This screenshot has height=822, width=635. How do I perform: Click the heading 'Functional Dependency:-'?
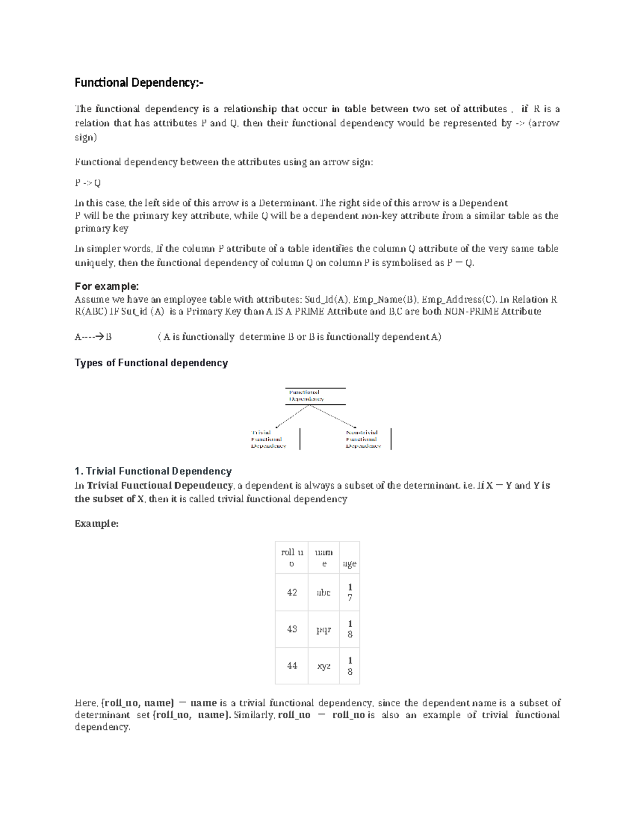coord(138,83)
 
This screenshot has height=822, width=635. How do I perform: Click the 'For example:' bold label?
coord(106,286)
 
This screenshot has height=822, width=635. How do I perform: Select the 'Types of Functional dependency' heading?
coord(151,363)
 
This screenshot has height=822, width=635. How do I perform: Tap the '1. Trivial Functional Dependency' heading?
coord(153,471)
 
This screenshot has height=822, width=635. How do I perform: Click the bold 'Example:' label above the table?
coord(96,523)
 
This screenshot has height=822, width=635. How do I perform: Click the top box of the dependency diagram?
coord(315,396)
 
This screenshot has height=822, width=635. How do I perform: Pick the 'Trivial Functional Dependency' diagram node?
coord(268,439)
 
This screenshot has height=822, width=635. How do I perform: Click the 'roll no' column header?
coord(292,558)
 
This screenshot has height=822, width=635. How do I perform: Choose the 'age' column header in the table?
coord(349,564)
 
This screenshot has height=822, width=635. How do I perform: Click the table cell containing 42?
coord(292,593)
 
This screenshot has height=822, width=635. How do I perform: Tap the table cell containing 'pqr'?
coord(323,629)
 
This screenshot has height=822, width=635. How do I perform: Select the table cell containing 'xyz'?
coord(323,666)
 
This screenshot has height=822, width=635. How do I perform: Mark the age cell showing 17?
coord(349,593)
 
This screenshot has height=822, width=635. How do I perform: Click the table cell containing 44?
coord(292,666)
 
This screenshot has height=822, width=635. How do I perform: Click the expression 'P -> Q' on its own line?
coord(88,183)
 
